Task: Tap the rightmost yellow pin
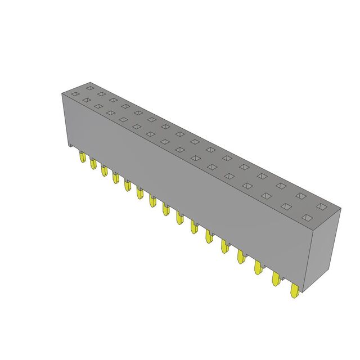click(294, 291)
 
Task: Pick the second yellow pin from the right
click(276, 280)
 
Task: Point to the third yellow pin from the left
click(104, 170)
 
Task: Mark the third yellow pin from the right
click(258, 268)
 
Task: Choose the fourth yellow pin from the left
click(115, 177)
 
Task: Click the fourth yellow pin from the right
click(241, 257)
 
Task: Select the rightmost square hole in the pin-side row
click(307, 218)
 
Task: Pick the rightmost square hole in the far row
click(321, 207)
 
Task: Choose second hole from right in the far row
click(300, 196)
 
